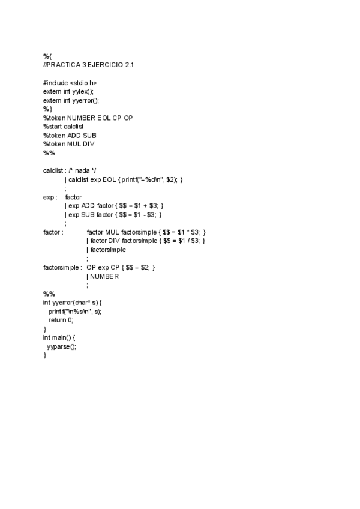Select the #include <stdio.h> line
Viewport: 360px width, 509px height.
point(70,82)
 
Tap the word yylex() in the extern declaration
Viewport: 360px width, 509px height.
point(83,91)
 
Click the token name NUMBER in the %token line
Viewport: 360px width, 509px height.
point(82,118)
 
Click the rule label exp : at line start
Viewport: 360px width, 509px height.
point(50,197)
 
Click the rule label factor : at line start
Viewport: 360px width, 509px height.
point(53,232)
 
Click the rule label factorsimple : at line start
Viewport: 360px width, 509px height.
point(62,267)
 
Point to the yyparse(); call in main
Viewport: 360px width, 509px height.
point(61,346)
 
